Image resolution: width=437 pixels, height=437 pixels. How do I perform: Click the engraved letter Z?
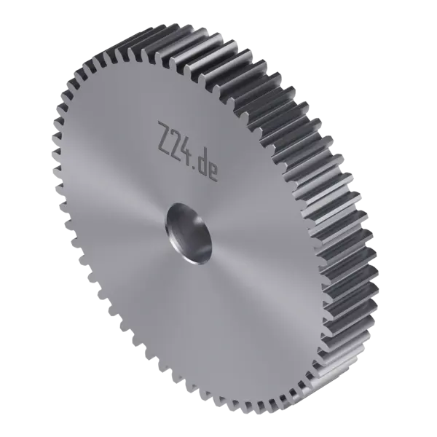tap(165, 138)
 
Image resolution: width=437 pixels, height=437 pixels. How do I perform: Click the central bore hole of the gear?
tap(189, 234)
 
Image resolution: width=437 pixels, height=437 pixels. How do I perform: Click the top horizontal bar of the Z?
tap(166, 125)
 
